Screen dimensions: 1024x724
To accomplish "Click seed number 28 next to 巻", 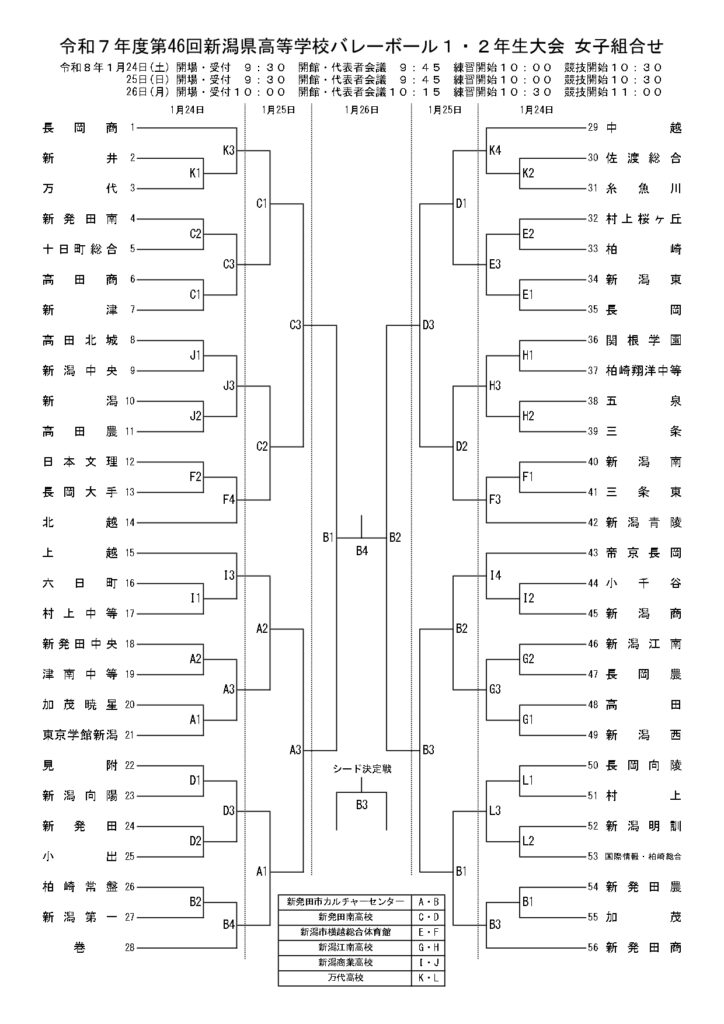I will point(130,947).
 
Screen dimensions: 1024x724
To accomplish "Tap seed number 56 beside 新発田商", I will point(593,947).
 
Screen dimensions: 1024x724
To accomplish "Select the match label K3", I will point(228,151).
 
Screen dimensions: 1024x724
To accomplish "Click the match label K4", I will point(494,151).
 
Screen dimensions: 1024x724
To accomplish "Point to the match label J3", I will point(228,385).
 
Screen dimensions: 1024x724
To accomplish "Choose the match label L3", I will point(494,810).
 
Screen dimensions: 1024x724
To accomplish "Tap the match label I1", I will point(196,597).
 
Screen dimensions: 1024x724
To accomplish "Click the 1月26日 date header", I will point(360,110).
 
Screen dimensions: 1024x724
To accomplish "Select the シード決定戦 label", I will point(361,769).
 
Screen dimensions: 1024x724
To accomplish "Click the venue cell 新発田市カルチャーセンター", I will point(344,901).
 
